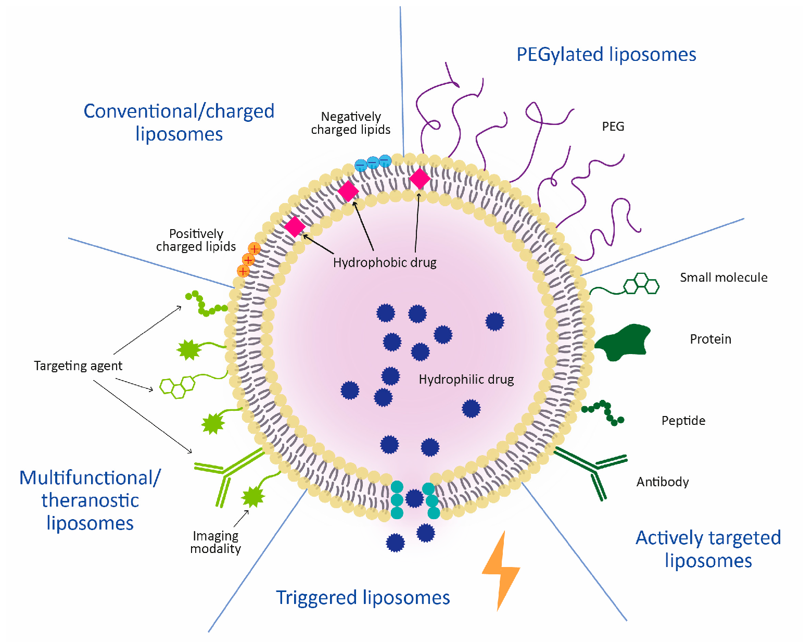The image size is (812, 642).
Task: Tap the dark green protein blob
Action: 624,342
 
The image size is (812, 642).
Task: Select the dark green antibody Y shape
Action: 593,468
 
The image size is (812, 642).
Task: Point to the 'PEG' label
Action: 613,127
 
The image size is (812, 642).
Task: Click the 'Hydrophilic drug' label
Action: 466,380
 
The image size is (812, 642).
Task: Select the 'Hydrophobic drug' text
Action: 384,262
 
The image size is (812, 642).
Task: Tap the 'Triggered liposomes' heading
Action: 362,597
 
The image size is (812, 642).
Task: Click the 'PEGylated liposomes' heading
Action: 606,54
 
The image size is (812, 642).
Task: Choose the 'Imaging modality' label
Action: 215,542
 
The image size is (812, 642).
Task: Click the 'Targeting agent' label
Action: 78,366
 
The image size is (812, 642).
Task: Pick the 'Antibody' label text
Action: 662,482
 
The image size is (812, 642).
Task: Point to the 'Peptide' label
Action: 683,421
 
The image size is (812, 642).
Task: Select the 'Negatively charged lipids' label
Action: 350,123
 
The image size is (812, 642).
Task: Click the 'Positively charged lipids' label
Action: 196,240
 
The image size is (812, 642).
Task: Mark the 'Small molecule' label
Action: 723,278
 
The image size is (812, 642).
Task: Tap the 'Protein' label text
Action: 710,339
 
